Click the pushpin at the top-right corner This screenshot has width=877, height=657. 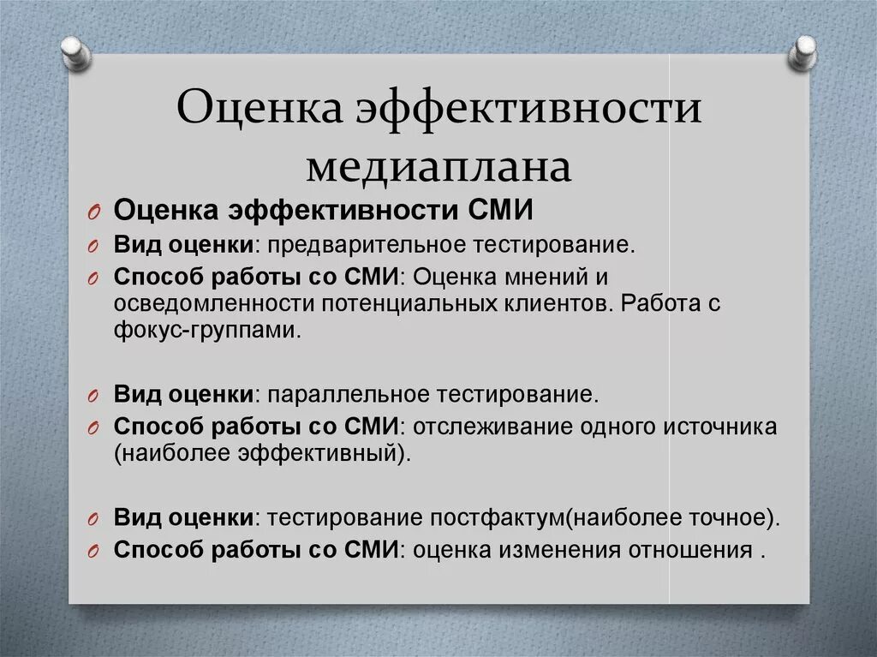(x=804, y=51)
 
